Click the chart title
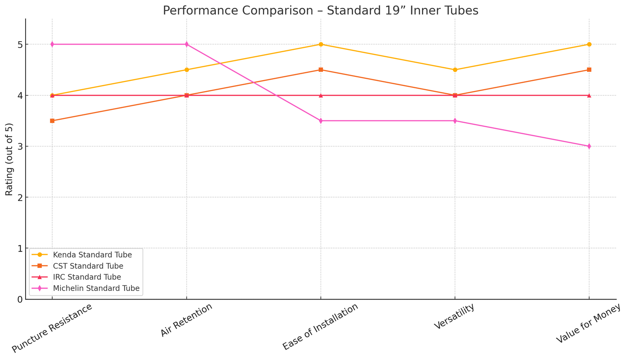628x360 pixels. [x=320, y=10]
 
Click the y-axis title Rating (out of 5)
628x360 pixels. [x=9, y=159]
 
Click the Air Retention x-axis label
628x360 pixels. [x=187, y=320]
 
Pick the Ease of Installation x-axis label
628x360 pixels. [x=321, y=327]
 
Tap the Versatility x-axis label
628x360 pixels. [x=455, y=317]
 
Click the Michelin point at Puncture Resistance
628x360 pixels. [x=52, y=44]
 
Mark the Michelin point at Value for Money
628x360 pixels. [x=589, y=146]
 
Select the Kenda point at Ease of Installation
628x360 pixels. [x=321, y=44]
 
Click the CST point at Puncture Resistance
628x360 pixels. [x=52, y=121]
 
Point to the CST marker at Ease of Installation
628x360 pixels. [x=321, y=70]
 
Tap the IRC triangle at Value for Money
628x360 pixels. [x=589, y=95]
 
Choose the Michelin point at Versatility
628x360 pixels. [x=455, y=121]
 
